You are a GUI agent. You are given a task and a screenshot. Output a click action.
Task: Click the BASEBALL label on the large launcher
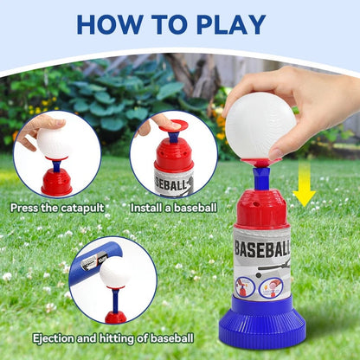pyautogui.click(x=263, y=249)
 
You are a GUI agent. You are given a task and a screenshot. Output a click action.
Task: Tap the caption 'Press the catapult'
pyautogui.click(x=60, y=208)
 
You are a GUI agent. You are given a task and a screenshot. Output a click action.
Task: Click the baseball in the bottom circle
pyautogui.click(x=115, y=273)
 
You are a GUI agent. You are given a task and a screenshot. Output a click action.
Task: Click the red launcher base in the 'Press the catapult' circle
pyautogui.click(x=57, y=181)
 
